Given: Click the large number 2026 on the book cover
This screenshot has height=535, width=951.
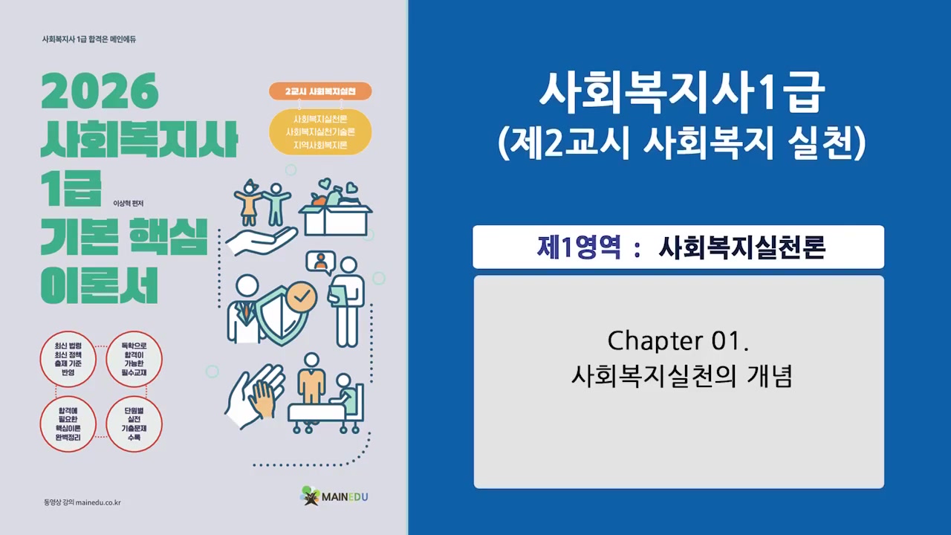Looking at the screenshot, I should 100,92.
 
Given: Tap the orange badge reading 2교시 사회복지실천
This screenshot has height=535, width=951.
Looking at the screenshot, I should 319,91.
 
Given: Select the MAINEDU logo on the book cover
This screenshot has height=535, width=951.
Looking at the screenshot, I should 335,496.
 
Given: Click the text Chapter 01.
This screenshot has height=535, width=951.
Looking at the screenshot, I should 677,341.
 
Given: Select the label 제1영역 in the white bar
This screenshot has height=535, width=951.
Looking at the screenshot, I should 579,247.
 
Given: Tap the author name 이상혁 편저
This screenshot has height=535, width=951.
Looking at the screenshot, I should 127,204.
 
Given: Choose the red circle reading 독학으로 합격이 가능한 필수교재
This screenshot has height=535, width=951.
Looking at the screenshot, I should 134,360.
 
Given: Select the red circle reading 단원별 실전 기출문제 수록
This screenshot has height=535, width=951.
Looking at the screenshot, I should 134,424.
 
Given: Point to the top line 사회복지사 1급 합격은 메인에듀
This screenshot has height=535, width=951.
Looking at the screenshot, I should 90,39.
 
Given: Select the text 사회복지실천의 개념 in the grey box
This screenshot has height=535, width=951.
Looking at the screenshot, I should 681,375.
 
